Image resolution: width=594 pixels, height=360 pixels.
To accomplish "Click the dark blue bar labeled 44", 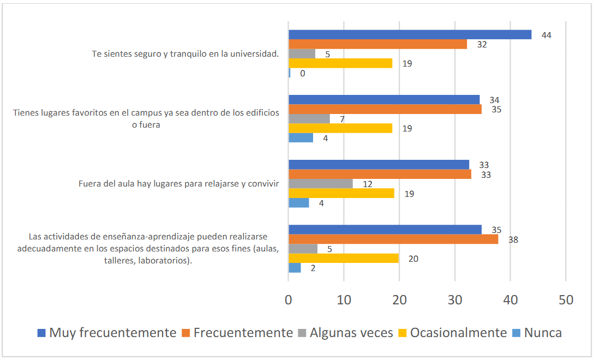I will click(410, 34).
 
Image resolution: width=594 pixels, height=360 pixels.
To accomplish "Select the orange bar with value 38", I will click(393, 239).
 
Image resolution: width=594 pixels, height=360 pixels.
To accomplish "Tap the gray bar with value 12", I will click(320, 184).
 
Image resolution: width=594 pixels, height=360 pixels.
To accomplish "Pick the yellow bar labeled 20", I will click(344, 258).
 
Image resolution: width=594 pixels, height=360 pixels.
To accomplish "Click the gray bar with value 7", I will click(309, 118).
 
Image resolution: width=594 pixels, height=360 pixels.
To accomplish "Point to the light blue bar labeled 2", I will click(295, 268).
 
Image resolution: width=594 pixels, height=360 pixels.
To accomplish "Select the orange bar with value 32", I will click(377, 44).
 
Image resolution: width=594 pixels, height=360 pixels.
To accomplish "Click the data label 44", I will click(546, 35).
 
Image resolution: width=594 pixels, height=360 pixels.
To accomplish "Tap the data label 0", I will click(302, 73).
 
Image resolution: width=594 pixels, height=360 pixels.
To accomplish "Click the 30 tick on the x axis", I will click(455, 299).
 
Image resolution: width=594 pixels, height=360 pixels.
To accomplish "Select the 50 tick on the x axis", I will click(566, 299).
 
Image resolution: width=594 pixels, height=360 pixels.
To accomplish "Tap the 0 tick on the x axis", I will click(289, 299).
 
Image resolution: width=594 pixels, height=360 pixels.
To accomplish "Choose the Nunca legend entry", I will click(543, 333).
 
